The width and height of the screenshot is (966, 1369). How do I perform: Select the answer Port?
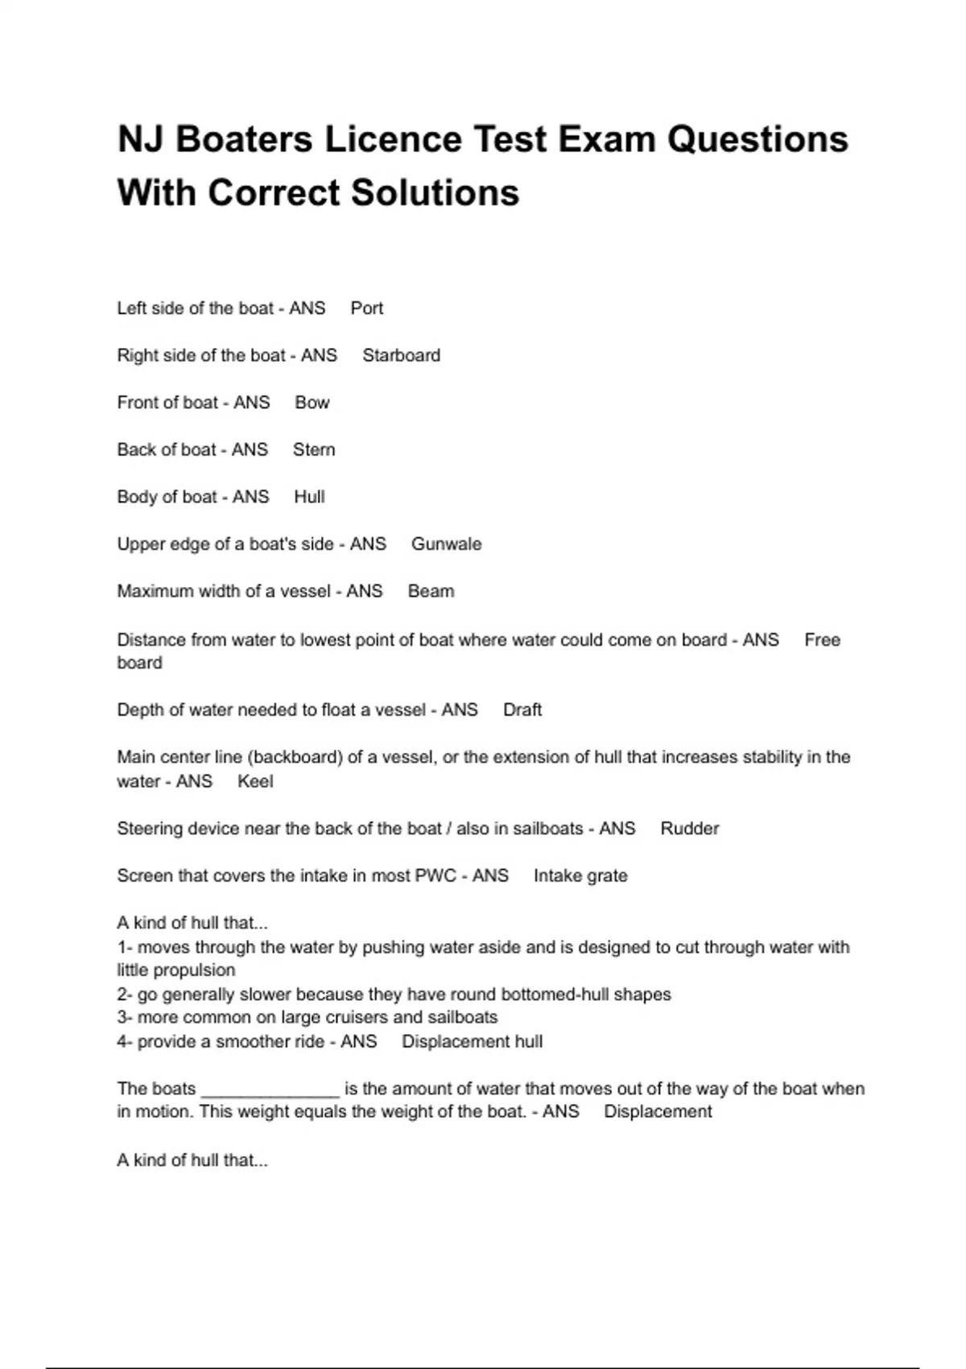pos(366,308)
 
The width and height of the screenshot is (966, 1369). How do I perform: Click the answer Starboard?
pos(401,356)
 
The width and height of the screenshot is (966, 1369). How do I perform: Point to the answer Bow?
pos(312,403)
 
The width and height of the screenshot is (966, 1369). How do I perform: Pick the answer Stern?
pos(313,450)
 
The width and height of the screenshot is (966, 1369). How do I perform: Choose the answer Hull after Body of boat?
pos(309,497)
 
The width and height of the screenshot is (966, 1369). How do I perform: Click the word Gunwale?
pos(446,544)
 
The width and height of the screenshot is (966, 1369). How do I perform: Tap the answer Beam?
pos(431,592)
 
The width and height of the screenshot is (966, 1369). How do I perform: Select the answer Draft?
pos(522,710)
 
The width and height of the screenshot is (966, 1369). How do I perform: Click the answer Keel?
pos(255,782)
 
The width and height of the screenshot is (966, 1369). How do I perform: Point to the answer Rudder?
pos(689,829)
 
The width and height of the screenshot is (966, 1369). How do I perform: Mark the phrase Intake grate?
pos(580,876)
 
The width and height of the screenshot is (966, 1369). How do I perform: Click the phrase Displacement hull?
pos(472,1042)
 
